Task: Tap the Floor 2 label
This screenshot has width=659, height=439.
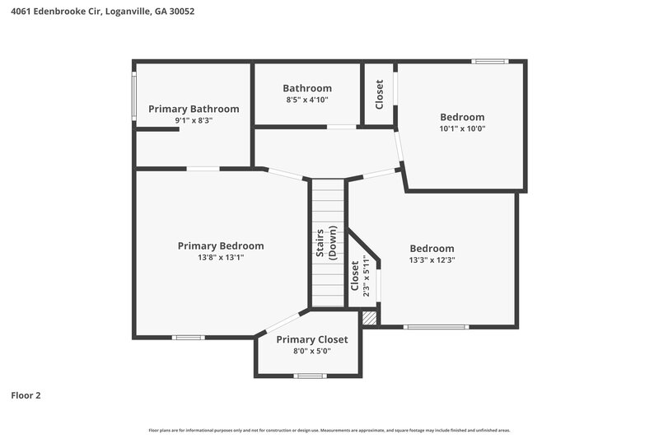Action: click(26, 395)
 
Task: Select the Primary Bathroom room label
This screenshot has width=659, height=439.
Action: click(194, 109)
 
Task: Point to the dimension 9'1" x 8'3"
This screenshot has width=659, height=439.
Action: click(194, 120)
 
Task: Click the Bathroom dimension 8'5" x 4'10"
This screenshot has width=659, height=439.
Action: click(307, 100)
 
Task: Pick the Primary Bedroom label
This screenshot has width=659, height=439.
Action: click(221, 245)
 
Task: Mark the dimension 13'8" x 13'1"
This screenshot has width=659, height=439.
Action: click(221, 257)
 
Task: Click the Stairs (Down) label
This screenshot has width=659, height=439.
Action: click(326, 242)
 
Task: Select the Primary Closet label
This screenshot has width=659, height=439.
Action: click(311, 339)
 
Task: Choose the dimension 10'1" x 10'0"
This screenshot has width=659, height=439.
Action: click(461, 128)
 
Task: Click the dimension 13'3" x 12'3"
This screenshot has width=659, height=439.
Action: click(432, 259)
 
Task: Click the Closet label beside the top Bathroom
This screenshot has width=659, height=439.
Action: click(379, 94)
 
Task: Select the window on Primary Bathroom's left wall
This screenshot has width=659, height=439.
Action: click(135, 97)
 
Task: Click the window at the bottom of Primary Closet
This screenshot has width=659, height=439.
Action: click(310, 376)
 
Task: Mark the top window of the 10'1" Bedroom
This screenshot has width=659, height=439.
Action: click(490, 61)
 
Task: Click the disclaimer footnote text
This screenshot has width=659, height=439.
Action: click(329, 430)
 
